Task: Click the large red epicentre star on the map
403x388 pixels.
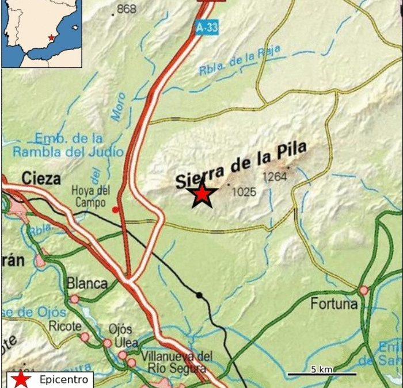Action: pos(202,195)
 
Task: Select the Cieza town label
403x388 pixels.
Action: pos(41,179)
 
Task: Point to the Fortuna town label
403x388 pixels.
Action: pos(330,304)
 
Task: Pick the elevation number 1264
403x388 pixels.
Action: pos(275,176)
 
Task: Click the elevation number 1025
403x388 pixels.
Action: pos(244,192)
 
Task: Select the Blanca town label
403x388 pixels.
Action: pos(87,283)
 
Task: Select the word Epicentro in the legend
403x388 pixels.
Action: pos(64,379)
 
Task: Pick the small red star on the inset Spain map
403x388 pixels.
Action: pos(52,37)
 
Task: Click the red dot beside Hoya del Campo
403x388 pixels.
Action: pos(116,210)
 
